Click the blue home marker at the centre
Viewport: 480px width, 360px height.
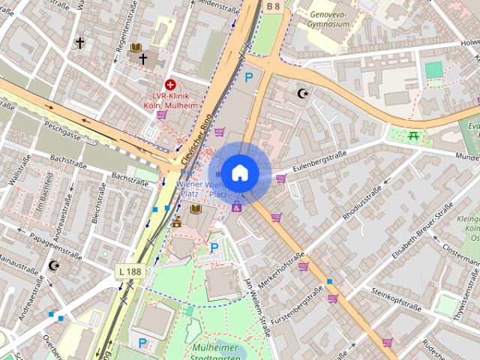tap(239, 172)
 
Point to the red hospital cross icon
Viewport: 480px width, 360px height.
tap(171, 85)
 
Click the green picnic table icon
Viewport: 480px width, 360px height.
tap(412, 135)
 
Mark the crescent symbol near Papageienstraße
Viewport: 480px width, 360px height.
tap(53, 265)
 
